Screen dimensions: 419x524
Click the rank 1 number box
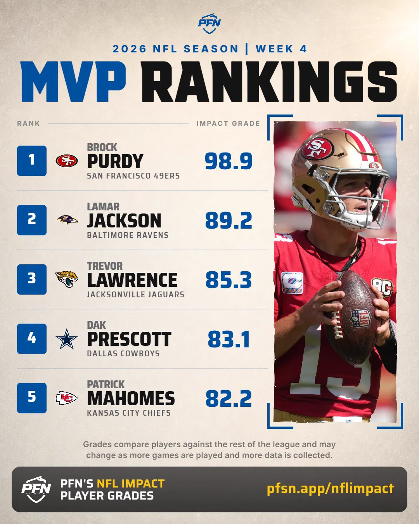tap(32, 161)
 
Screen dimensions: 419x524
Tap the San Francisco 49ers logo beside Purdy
tap(67, 161)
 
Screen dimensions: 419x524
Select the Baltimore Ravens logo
tap(67, 220)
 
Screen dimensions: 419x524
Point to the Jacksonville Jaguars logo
tap(67, 279)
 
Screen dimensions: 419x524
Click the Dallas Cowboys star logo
tap(67, 339)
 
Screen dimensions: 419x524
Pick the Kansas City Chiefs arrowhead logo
tap(66, 398)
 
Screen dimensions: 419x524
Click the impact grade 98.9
tap(229, 161)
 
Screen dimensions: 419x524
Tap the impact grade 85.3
tap(229, 280)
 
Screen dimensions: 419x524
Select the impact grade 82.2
tap(229, 398)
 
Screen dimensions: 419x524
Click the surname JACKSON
tap(124, 220)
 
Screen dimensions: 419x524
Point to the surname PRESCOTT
tap(129, 339)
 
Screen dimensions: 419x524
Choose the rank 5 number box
tap(32, 398)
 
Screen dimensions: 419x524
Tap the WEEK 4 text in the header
tap(281, 49)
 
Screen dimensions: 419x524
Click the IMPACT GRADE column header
tap(229, 123)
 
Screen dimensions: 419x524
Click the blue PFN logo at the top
tap(209, 24)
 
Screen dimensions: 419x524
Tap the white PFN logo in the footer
tap(36, 489)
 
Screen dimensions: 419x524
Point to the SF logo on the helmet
tap(317, 148)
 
